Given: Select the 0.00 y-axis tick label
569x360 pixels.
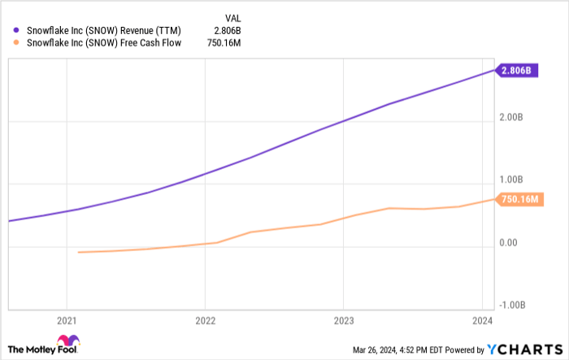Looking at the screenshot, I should point(509,242).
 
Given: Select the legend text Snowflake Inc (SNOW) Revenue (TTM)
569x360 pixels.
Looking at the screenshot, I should point(110,30).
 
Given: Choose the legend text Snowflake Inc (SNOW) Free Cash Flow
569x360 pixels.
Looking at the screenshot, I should point(105,43).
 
